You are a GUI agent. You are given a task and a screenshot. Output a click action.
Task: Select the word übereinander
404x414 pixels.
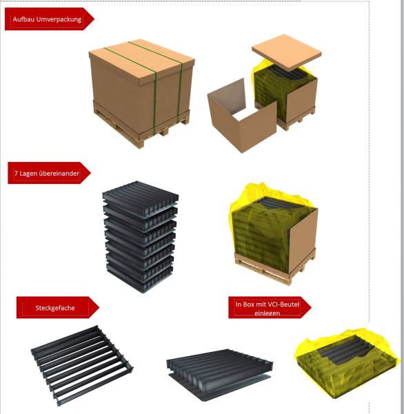(59, 173)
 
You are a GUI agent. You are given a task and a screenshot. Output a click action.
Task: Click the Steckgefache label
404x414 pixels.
(55, 308)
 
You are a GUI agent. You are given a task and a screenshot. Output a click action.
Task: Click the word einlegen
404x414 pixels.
(267, 313)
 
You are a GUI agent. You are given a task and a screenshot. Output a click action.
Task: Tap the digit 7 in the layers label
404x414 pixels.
(16, 174)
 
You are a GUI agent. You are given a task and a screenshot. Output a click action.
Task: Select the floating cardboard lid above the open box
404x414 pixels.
(287, 52)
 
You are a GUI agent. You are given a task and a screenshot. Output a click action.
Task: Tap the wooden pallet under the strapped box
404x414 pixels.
(141, 127)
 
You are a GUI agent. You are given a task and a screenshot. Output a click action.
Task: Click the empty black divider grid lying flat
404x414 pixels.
(82, 365)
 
